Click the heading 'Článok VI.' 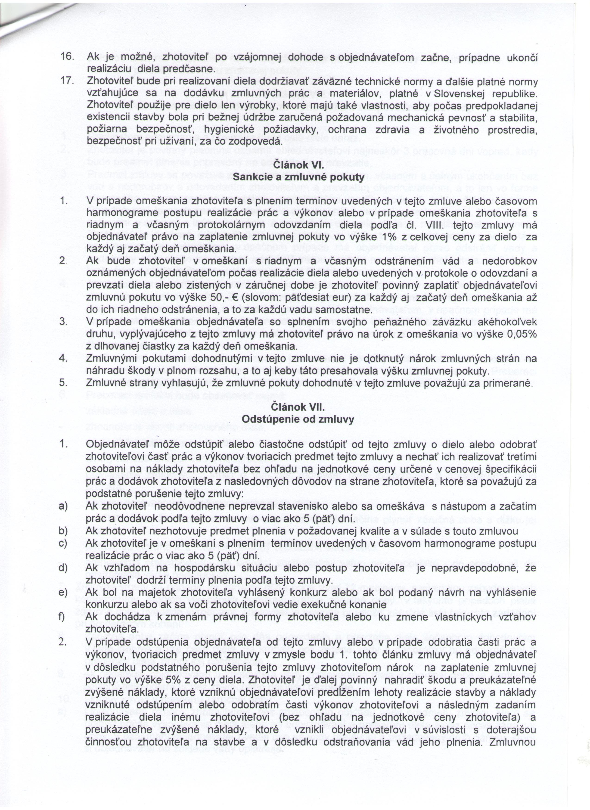[x=298, y=165]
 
